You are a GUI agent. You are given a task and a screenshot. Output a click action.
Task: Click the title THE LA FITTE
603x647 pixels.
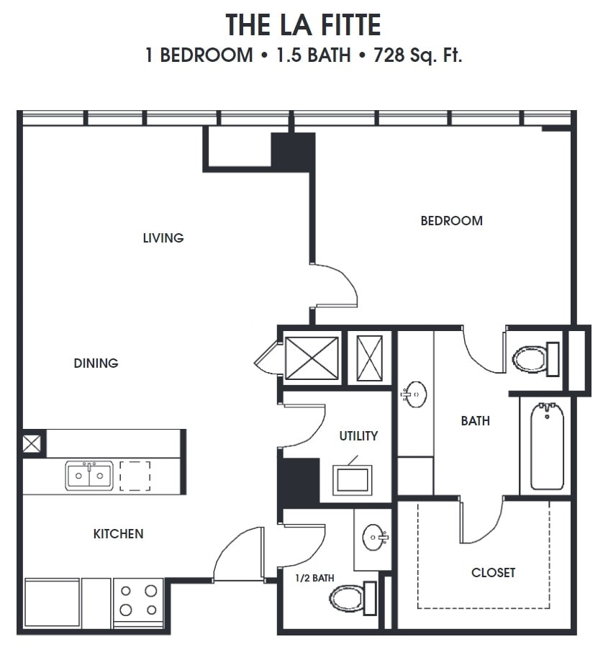click(x=303, y=26)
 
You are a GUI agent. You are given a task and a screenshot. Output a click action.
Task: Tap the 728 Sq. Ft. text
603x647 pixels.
click(x=418, y=55)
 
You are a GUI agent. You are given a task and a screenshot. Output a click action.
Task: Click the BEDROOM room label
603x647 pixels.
click(x=451, y=221)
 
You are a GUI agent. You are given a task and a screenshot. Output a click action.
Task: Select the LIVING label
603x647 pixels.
click(x=163, y=237)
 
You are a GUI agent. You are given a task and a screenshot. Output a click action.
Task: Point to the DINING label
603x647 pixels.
click(x=96, y=363)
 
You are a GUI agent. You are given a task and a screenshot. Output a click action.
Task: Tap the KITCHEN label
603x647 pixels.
click(x=118, y=534)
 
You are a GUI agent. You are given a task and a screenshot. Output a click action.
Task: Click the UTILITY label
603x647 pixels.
click(x=358, y=436)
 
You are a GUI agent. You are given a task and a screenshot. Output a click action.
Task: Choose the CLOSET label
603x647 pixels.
click(x=493, y=573)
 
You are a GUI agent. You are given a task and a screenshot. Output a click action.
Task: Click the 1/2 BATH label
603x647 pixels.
click(x=314, y=578)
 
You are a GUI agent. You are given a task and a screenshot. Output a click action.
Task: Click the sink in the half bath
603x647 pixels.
click(x=375, y=537)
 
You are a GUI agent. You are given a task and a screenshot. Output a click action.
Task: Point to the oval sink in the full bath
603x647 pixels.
click(x=414, y=394)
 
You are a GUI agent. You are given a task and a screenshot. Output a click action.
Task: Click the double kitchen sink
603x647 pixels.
click(x=89, y=476)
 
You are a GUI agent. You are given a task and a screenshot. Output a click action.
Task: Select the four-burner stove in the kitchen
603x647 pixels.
click(x=138, y=600)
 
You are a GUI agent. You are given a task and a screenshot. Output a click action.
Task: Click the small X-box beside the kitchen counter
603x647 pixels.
click(x=32, y=443)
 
